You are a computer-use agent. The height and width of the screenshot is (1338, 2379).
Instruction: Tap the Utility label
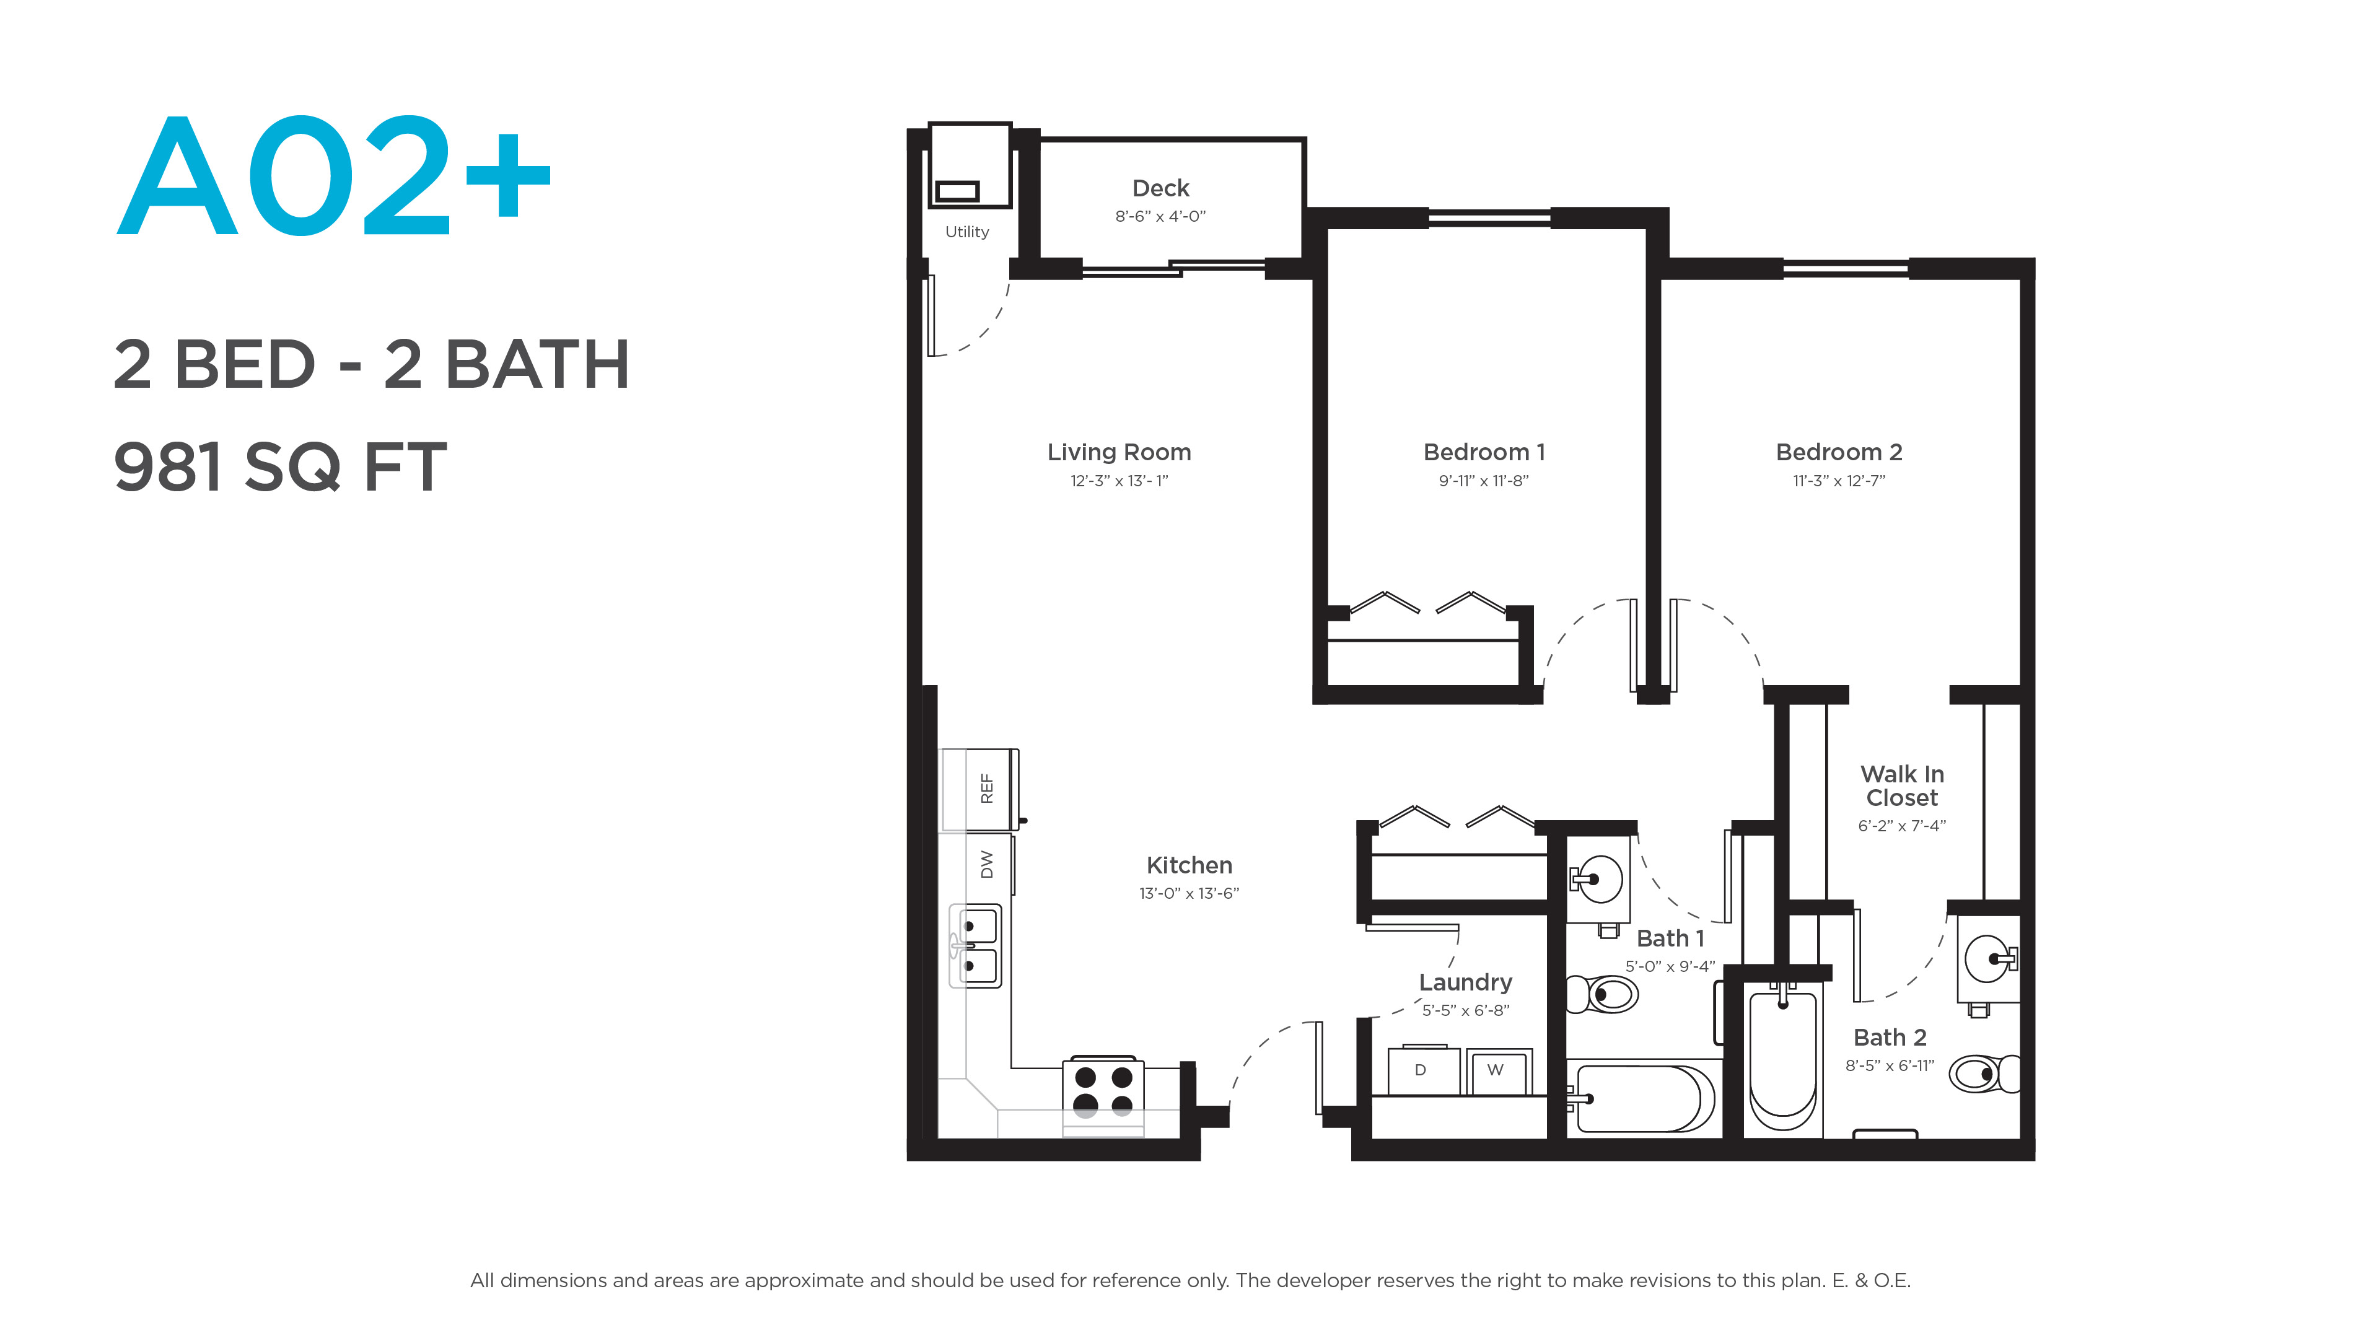(x=967, y=232)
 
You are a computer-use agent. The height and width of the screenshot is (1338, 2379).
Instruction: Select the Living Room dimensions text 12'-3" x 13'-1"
(x=1119, y=481)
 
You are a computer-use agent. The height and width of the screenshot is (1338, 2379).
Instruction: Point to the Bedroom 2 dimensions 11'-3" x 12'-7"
(x=1839, y=481)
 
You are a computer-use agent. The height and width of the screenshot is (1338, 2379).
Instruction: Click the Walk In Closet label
(x=1901, y=786)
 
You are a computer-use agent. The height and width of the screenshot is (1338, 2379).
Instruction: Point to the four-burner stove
(x=1103, y=1096)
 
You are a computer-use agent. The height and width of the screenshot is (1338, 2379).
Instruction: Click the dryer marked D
(x=1423, y=1070)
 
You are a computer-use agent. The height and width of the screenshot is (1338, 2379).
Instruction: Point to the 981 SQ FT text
(x=280, y=466)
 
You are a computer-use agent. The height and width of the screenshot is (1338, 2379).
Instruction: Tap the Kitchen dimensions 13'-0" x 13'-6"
(x=1189, y=894)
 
